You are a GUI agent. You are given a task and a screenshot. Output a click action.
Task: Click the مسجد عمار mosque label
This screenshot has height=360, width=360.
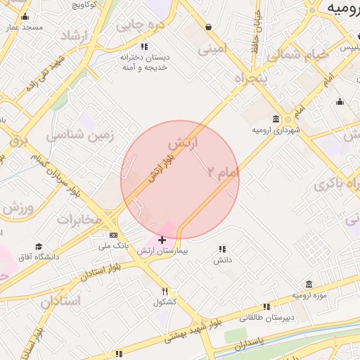(25, 27)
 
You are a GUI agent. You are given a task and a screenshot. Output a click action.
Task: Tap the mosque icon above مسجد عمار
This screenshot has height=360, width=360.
(25, 17)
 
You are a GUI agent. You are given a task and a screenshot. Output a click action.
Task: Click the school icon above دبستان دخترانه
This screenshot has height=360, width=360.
(144, 46)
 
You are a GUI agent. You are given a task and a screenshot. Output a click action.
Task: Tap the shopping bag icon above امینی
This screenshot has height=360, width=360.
(208, 27)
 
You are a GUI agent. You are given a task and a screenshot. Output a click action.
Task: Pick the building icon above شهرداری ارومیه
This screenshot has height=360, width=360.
(274, 119)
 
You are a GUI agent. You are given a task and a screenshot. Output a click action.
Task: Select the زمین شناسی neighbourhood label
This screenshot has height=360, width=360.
(75, 134)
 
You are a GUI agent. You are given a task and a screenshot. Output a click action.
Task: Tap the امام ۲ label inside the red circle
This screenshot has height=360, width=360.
(224, 172)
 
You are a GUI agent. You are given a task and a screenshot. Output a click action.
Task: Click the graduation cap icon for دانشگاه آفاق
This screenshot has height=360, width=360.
(39, 247)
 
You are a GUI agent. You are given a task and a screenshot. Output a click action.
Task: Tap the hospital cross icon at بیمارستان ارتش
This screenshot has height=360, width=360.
(162, 240)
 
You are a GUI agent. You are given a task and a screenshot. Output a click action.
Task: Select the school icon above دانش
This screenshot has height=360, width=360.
(222, 249)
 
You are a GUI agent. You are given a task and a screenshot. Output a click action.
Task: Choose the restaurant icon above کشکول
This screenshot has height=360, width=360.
(165, 291)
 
